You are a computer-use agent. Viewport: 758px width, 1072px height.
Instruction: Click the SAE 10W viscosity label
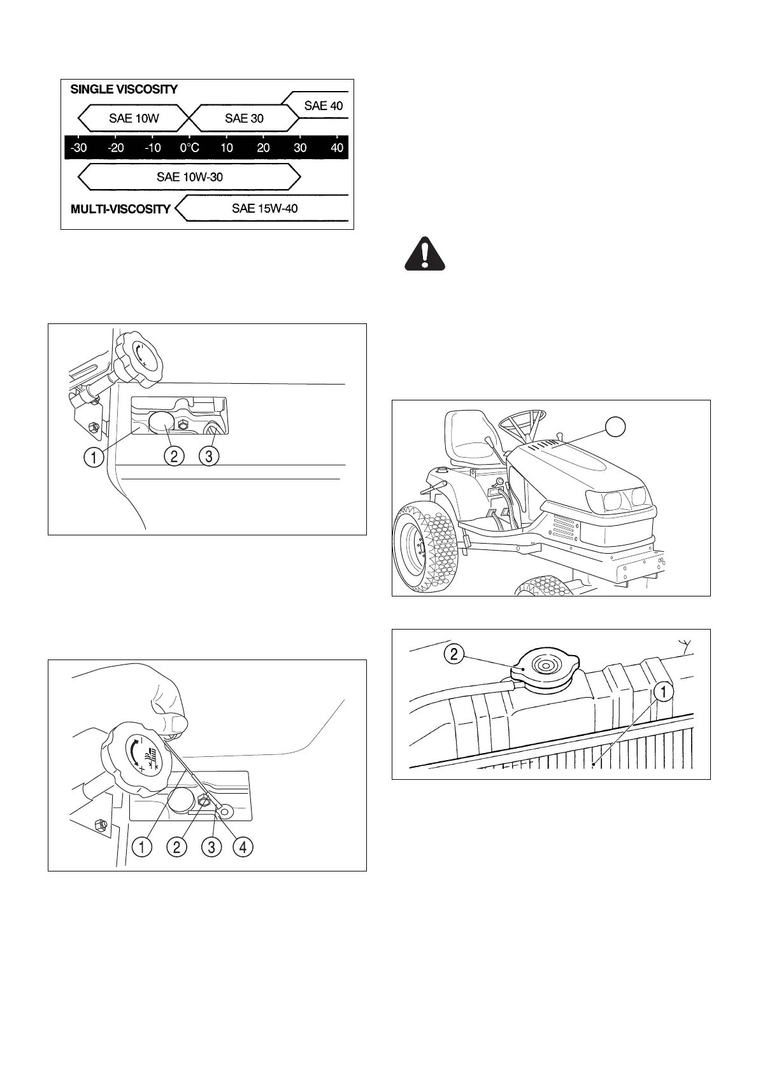tap(134, 118)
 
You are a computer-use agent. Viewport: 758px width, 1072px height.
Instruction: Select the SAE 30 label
tap(244, 118)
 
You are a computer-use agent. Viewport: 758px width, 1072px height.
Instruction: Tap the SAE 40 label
tap(323, 106)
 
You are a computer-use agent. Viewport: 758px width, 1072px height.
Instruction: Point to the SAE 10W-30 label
tap(190, 177)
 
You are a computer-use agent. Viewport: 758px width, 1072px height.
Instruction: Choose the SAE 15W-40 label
tap(264, 208)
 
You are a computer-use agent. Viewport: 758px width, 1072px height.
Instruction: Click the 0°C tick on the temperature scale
tap(189, 148)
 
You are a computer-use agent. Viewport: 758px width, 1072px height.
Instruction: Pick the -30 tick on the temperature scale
tap(78, 148)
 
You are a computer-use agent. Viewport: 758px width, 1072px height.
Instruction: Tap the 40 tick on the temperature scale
tap(337, 148)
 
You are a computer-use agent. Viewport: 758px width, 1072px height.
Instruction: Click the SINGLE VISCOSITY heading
tap(124, 89)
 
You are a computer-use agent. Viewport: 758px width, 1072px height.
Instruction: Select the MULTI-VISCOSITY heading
tap(120, 209)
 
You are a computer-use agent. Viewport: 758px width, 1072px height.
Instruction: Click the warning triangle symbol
tap(425, 254)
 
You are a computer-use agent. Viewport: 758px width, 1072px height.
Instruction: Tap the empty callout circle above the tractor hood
tap(614, 427)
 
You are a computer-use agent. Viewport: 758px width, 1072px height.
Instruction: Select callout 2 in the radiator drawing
tap(454, 654)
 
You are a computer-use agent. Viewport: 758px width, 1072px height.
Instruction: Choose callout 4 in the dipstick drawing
tap(243, 847)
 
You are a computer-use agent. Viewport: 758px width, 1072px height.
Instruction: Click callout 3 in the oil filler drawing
tap(208, 456)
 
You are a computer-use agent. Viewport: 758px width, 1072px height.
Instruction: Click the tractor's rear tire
tap(425, 544)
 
